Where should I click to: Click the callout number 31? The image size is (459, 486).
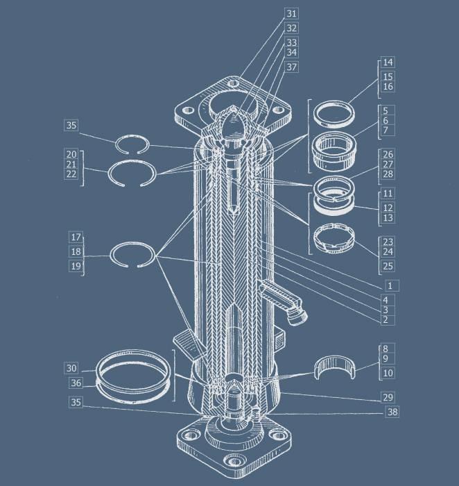click(291, 14)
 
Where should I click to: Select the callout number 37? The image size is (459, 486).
click(291, 67)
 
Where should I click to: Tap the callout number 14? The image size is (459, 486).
click(388, 62)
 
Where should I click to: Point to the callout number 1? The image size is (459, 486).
click(390, 285)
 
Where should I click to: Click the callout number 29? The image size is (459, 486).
click(388, 397)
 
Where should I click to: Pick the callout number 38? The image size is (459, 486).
click(392, 412)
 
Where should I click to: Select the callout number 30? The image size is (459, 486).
click(71, 368)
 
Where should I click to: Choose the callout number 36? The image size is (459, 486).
click(76, 383)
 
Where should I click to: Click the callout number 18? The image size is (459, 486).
click(76, 251)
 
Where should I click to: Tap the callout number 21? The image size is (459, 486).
click(71, 164)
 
